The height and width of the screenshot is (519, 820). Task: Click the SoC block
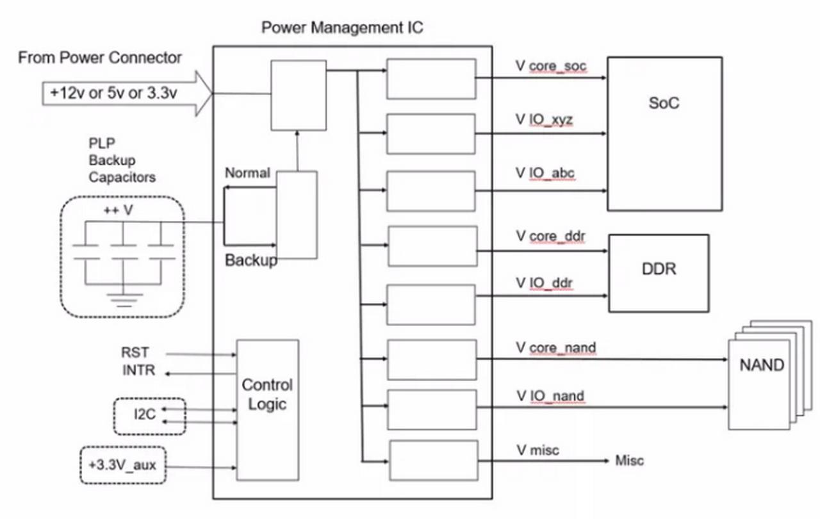click(x=664, y=133)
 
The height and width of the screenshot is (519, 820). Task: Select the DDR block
click(x=659, y=273)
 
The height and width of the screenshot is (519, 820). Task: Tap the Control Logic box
click(x=267, y=410)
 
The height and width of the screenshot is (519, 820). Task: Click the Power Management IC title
click(x=342, y=28)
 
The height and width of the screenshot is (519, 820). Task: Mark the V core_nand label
click(x=555, y=348)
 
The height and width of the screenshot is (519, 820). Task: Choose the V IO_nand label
click(x=550, y=396)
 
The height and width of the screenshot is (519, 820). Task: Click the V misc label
click(x=537, y=450)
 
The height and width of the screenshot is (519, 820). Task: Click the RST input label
click(x=135, y=352)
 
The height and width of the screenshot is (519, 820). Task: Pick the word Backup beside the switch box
click(x=251, y=261)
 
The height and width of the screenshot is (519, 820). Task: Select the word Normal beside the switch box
click(x=247, y=174)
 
